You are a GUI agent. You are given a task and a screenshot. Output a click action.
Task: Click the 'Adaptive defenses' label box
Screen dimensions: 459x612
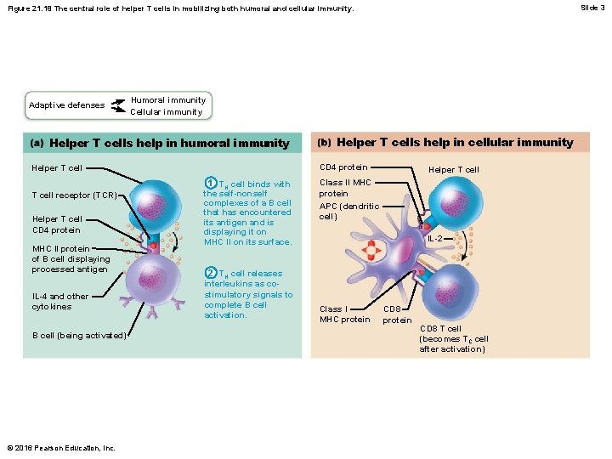[66, 105]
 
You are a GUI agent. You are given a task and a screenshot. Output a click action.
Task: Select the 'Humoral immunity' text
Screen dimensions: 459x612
[167, 100]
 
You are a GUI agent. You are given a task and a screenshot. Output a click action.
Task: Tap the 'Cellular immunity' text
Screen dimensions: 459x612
[166, 112]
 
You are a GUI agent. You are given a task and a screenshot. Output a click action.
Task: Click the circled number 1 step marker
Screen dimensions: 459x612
[210, 183]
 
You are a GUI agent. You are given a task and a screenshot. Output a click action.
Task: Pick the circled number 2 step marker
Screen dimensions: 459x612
[210, 273]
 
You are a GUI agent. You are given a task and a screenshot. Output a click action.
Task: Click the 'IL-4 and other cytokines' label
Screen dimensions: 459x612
[59, 302]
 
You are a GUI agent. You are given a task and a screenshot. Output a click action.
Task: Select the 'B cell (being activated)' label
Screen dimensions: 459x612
[79, 335]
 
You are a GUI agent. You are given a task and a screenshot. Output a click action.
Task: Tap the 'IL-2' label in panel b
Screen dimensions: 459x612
[434, 239]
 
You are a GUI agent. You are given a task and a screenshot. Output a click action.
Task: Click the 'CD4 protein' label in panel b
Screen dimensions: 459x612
[343, 167]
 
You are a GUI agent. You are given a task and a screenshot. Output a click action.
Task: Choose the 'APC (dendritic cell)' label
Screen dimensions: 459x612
[348, 211]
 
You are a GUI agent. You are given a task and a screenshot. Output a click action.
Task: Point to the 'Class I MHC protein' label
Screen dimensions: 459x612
[344, 314]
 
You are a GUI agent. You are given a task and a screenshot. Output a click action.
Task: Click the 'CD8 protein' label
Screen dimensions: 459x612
[397, 314]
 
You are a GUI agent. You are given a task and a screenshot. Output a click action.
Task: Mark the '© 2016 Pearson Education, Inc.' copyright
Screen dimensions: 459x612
[59, 448]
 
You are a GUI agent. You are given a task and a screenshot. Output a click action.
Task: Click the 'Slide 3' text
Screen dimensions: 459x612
[592, 8]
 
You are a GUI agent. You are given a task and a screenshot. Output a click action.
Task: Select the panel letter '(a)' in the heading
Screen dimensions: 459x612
[39, 144]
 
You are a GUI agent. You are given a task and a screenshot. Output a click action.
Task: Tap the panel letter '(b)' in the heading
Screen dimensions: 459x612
[325, 143]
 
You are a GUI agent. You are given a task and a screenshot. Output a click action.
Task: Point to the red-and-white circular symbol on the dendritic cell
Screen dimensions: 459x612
[371, 251]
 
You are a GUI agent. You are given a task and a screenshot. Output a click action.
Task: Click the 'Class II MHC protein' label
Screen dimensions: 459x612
[345, 188]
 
